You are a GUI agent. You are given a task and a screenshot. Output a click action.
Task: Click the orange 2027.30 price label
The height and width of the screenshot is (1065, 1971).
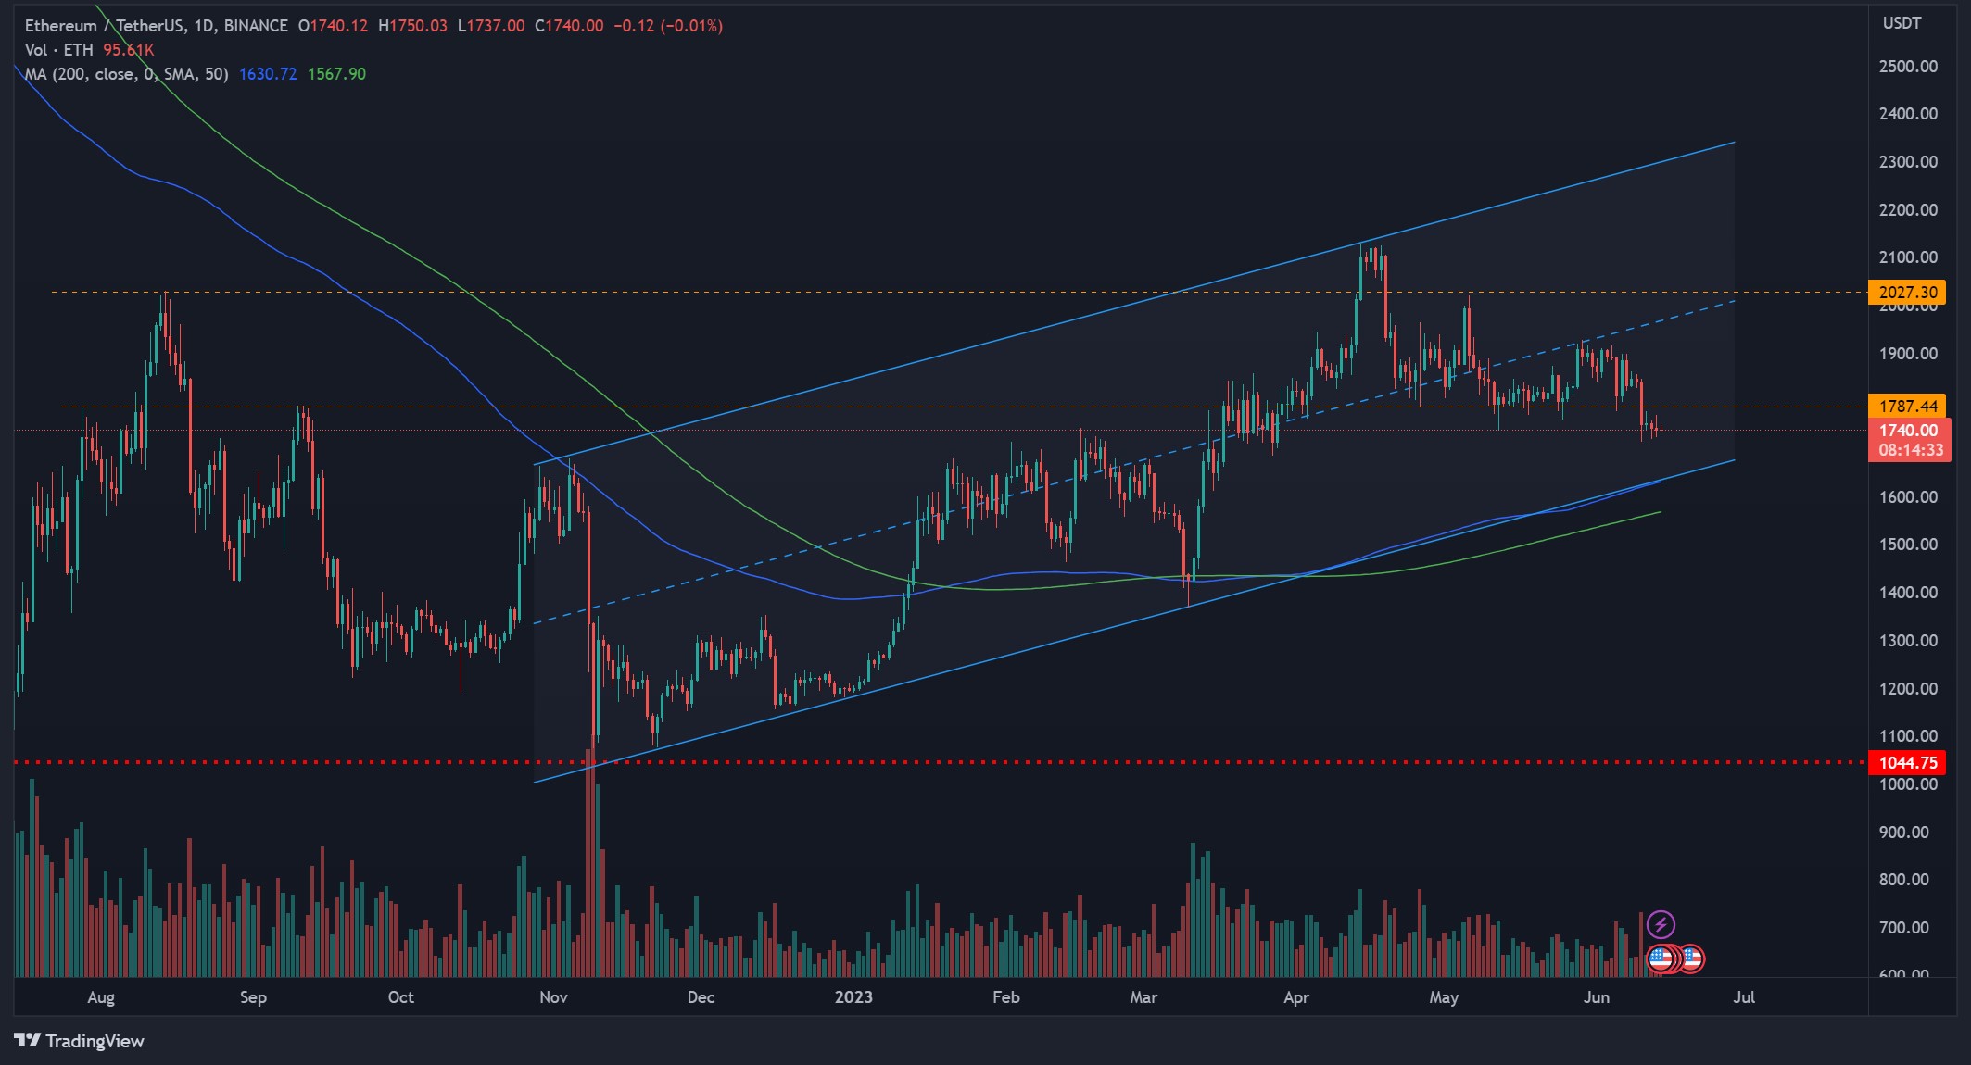(1907, 293)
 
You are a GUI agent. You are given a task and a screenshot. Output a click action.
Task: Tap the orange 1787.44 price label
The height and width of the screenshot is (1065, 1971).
(1907, 406)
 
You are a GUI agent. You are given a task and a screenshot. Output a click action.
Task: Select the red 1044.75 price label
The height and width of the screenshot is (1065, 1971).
(1907, 763)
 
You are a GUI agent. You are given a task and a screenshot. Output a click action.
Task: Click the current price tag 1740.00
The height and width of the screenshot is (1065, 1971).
(1908, 431)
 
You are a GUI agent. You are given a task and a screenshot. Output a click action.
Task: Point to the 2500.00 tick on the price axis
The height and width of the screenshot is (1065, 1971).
(1908, 67)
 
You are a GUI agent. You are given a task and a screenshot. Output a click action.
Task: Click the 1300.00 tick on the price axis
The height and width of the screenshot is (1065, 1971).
(1908, 641)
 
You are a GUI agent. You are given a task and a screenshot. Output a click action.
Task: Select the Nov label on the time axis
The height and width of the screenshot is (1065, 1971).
(553, 997)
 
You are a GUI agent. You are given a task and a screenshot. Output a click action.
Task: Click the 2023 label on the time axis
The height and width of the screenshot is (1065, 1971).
(853, 997)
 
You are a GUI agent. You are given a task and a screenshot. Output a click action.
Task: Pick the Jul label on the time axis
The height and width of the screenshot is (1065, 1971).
(1744, 997)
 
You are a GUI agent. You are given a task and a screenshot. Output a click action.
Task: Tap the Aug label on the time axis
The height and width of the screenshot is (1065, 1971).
(101, 997)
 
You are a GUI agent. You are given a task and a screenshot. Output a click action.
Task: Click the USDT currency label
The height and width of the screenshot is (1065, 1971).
(1902, 23)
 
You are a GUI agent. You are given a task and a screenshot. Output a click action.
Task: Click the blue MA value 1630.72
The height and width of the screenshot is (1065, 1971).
(268, 74)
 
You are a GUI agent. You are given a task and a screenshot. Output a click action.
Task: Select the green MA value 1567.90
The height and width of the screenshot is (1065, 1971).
(336, 74)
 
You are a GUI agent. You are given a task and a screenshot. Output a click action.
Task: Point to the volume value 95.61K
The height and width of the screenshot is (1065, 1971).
(129, 50)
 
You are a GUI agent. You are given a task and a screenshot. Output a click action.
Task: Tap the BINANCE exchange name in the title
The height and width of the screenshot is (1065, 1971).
(256, 26)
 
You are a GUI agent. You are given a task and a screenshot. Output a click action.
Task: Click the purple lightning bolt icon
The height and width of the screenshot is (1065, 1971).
(1661, 924)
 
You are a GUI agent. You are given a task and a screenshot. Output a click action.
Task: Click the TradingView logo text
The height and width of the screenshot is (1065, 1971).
(95, 1041)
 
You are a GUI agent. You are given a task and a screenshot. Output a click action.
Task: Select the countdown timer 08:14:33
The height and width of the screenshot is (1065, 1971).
(1911, 450)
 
